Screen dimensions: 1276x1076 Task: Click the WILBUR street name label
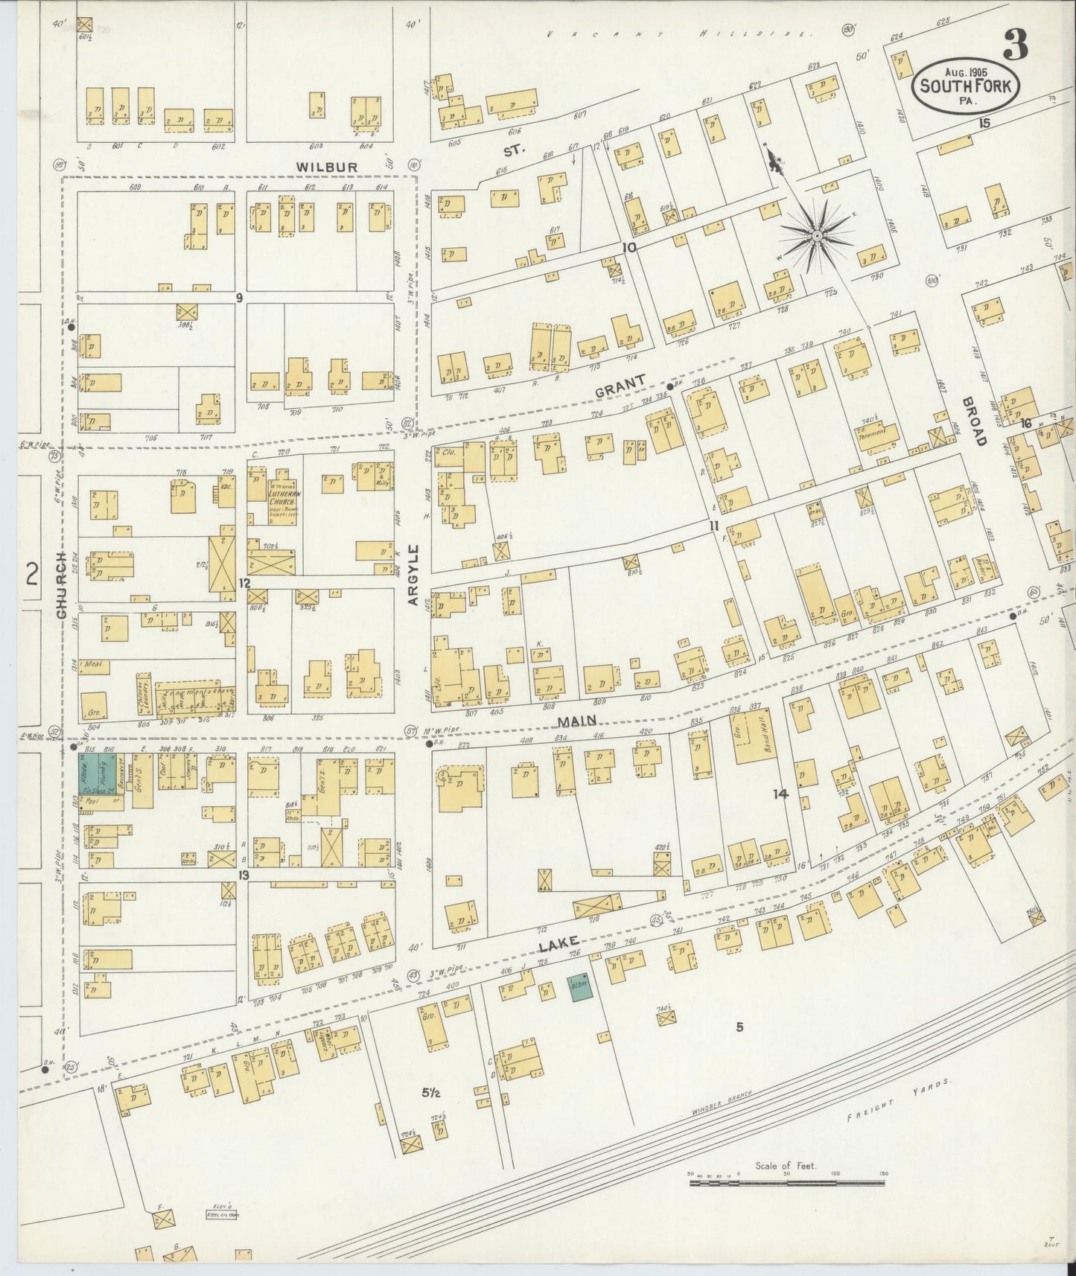point(326,167)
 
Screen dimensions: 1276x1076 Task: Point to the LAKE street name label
point(558,946)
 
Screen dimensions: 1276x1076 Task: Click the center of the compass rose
point(817,235)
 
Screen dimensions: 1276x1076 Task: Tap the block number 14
point(780,794)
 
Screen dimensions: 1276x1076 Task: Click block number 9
point(240,298)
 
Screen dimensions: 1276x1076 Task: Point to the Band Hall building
point(763,736)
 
